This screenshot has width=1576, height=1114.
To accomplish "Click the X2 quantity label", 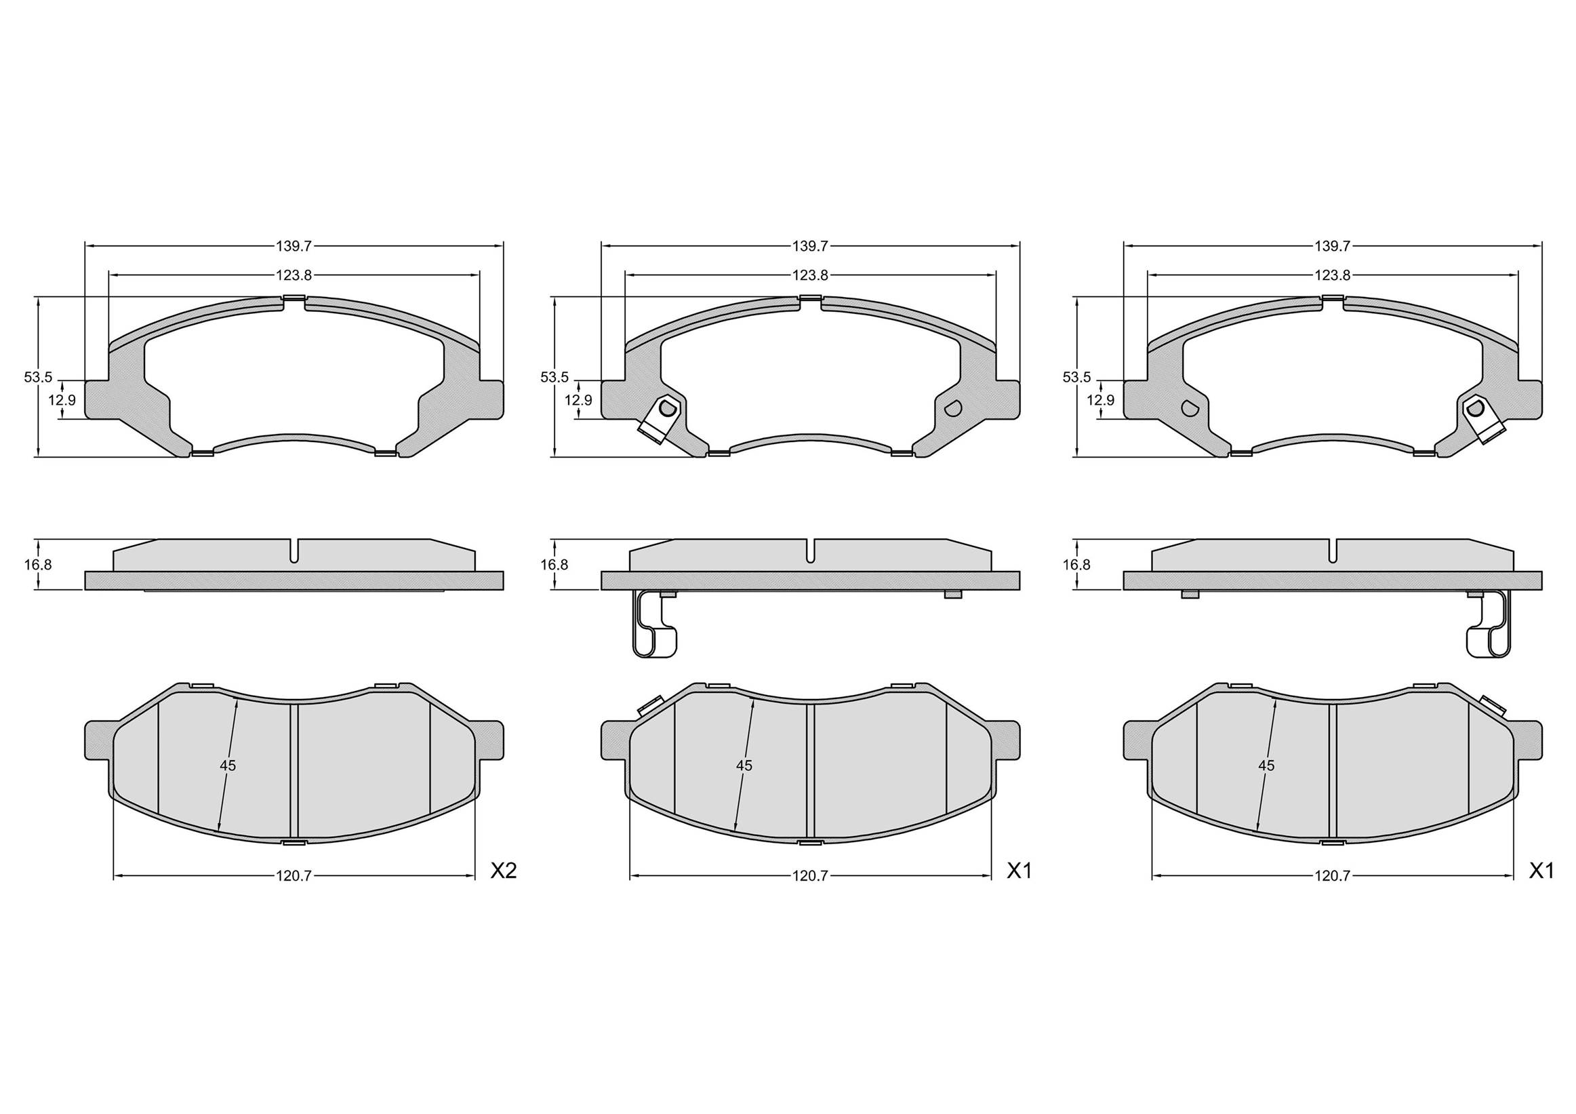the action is [502, 871].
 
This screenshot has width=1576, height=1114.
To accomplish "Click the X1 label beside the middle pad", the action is [1019, 871].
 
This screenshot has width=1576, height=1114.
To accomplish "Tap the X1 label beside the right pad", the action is [1540, 871].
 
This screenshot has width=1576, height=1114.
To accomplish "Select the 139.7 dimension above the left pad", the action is [294, 245].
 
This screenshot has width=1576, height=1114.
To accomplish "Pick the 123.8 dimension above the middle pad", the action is [810, 275].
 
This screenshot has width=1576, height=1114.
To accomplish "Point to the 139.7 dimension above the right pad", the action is [1333, 245].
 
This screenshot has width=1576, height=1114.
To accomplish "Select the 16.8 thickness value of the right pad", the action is [1076, 565].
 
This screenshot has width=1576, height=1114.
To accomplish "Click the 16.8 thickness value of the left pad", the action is [38, 565].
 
